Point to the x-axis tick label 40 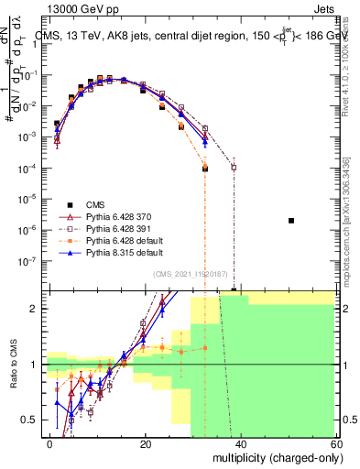click(242, 442)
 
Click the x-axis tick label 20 click(146, 442)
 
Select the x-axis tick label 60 click(337, 442)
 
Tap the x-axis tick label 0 click(50, 442)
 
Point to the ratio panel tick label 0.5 click(30, 420)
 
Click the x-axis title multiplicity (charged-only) click(273, 457)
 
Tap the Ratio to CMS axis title click(12, 364)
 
